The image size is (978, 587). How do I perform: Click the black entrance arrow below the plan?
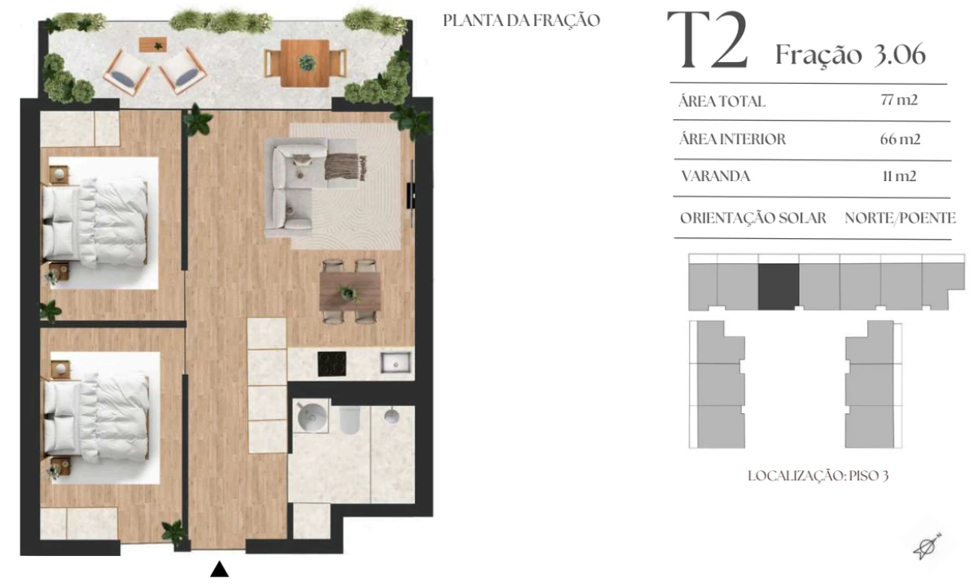point(220,569)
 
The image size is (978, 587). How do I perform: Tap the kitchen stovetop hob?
point(331,364)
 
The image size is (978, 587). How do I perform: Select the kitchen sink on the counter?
point(396,363)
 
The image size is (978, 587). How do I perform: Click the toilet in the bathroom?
point(349,420)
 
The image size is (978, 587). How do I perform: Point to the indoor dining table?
point(349,292)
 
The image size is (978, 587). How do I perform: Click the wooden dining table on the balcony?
point(305,64)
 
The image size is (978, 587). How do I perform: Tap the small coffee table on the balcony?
point(153,45)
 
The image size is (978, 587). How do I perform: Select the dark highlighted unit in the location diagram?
point(778,287)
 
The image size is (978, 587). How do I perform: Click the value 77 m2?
point(899,100)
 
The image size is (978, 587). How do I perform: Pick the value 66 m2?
point(900,139)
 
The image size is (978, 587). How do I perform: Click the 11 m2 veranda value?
point(899,176)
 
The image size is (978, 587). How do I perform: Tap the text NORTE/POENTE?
point(900,218)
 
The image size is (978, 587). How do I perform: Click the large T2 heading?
point(708,41)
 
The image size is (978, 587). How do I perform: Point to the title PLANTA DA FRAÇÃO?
point(521,20)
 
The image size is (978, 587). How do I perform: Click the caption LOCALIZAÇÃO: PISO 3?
point(818,475)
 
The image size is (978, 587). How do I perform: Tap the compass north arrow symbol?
point(928,546)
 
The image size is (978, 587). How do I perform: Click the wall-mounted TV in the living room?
point(411,193)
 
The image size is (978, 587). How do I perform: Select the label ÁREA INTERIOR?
point(732,139)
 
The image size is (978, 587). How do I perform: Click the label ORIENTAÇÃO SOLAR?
point(753,218)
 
